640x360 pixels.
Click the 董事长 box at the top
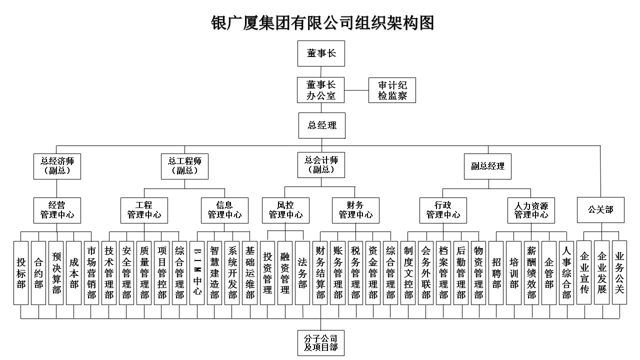pyautogui.click(x=321, y=53)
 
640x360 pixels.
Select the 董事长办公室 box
pyautogui.click(x=320, y=90)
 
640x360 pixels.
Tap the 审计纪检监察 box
pyautogui.click(x=392, y=90)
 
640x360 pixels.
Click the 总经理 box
pyautogui.click(x=322, y=125)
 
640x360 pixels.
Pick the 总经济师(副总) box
pyautogui.click(x=57, y=166)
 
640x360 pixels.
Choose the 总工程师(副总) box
pyautogui.click(x=184, y=166)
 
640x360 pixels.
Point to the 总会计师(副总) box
pyautogui.click(x=321, y=165)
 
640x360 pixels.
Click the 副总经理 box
pyautogui.click(x=487, y=166)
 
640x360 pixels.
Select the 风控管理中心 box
pyautogui.click(x=285, y=210)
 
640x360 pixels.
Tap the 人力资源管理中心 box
pyautogui.click(x=531, y=210)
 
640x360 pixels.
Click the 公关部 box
pyautogui.click(x=600, y=210)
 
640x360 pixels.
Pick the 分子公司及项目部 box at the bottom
pyautogui.click(x=321, y=343)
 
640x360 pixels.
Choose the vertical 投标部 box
pyautogui.click(x=21, y=273)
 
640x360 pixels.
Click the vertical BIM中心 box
pyautogui.click(x=197, y=273)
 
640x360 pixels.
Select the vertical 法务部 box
pyautogui.click(x=302, y=273)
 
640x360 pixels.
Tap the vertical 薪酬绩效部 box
pyautogui.click(x=531, y=273)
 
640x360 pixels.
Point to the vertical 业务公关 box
pyautogui.click(x=619, y=272)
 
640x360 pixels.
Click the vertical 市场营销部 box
pyautogui.click(x=91, y=273)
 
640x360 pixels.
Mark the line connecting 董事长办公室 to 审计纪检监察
pyautogui.click(x=356, y=90)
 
